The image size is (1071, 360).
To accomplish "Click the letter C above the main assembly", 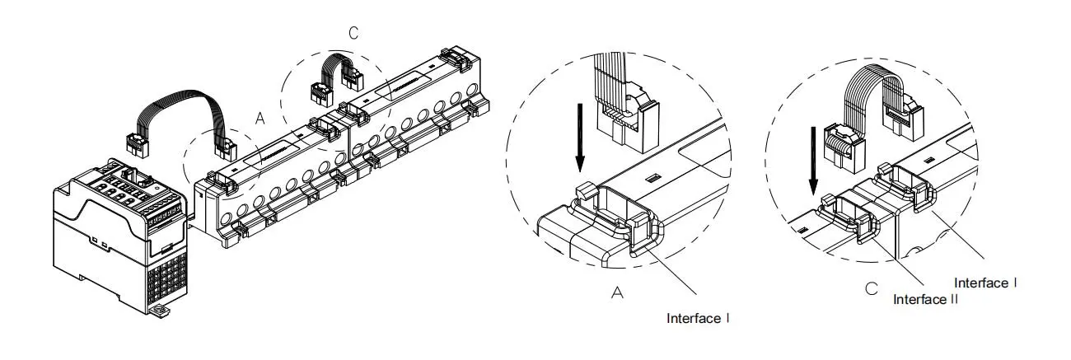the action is pos(353,33).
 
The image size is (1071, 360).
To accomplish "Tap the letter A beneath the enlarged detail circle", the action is pos(617,292).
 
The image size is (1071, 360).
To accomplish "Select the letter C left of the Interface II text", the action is pos(872,289).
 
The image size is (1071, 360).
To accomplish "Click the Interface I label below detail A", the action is pos(698,319).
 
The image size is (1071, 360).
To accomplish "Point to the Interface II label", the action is pos(925,299).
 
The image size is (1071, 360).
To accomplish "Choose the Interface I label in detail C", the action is pos(985,283).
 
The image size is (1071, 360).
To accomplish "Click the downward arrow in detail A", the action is pos(579,138).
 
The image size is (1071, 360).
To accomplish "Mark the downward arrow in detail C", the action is pos(813,161).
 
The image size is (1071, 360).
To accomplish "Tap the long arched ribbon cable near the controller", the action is pos(180,102).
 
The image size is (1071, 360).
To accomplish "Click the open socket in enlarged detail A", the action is pos(615,210).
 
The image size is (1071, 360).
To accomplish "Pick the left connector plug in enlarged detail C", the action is pos(844,148).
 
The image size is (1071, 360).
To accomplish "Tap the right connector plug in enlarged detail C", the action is pos(904,117).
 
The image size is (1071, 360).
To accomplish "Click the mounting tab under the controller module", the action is pos(160,312).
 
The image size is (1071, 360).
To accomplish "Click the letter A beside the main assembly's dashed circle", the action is pos(260,118).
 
